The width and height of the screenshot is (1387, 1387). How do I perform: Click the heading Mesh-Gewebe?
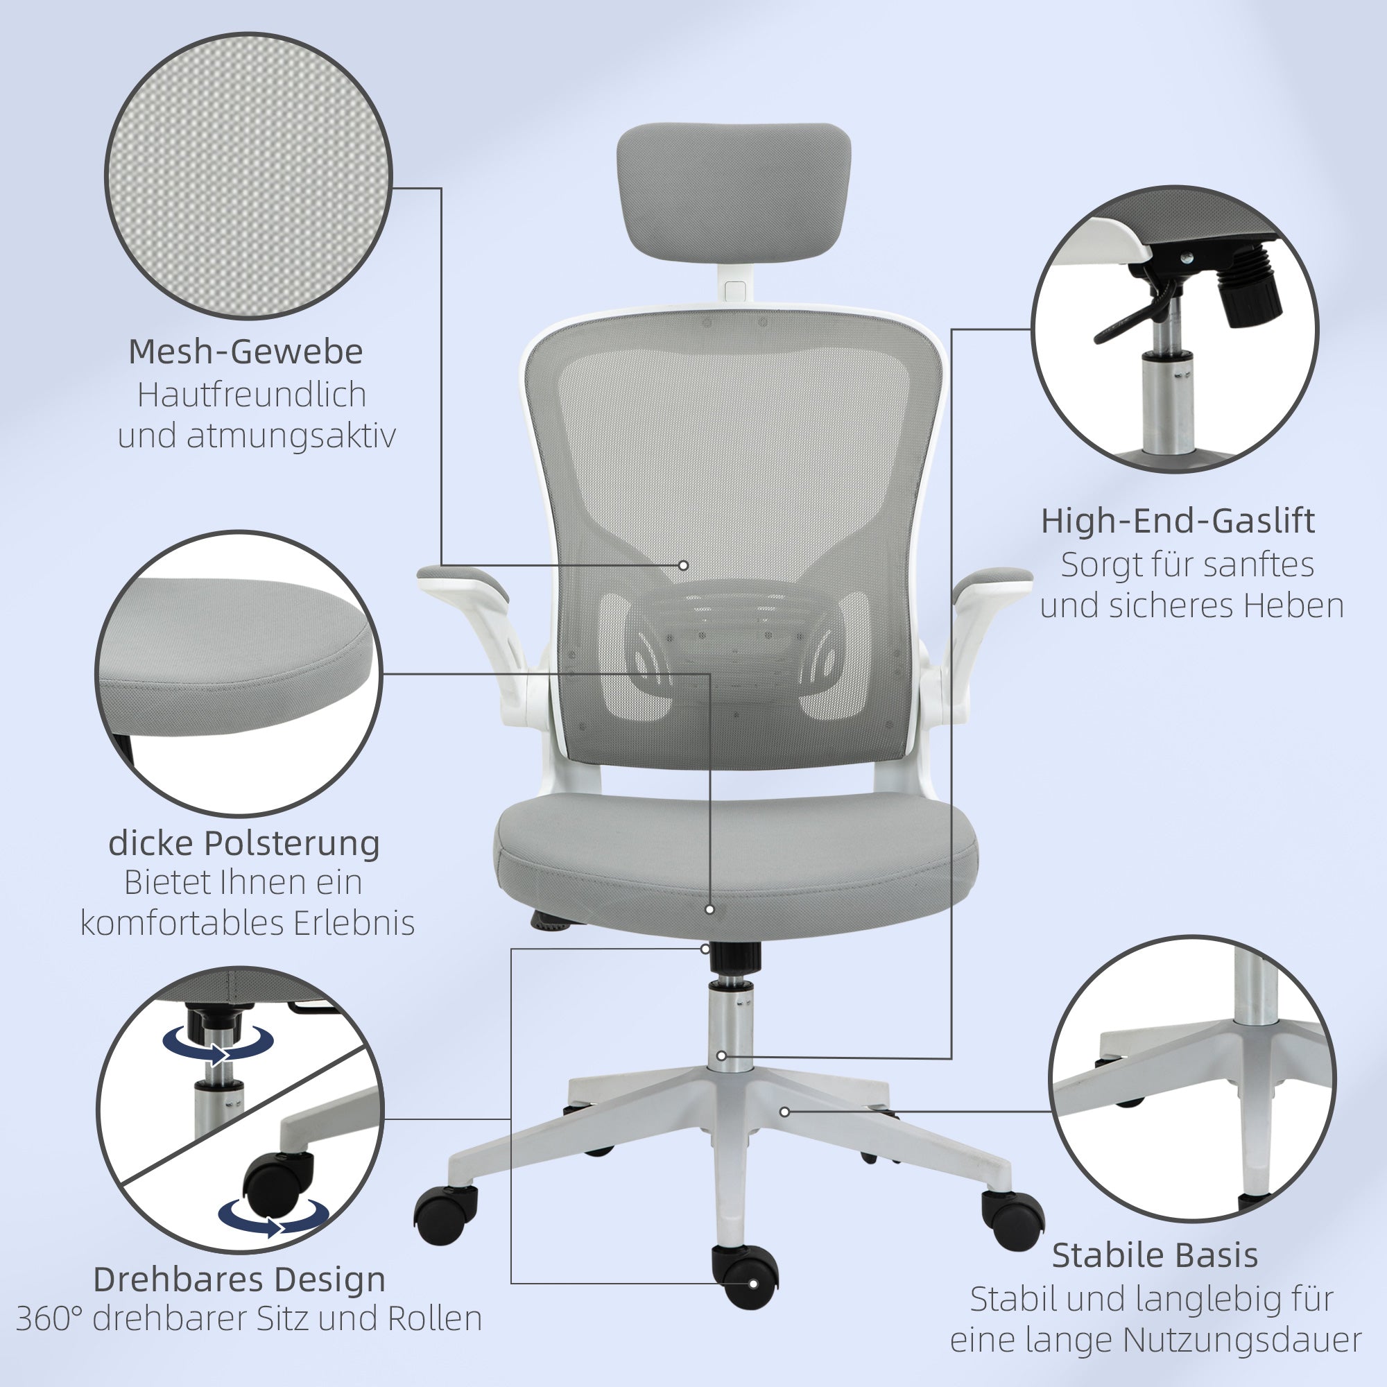pyautogui.click(x=245, y=352)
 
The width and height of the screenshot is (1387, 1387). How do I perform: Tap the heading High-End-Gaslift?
pyautogui.click(x=1178, y=521)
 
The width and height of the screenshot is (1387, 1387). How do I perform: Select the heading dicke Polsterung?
pyautogui.click(x=244, y=843)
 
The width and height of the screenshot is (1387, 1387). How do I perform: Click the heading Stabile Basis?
pyautogui.click(x=1155, y=1256)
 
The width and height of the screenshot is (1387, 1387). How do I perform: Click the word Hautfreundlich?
pyautogui.click(x=252, y=394)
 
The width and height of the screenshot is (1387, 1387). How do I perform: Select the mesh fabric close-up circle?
pyautogui.click(x=248, y=175)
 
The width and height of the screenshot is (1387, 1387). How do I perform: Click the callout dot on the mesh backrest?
pyautogui.click(x=684, y=566)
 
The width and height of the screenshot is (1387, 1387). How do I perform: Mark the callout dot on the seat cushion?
pyautogui.click(x=709, y=909)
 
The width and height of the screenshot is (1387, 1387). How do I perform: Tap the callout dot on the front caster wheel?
pyautogui.click(x=753, y=1283)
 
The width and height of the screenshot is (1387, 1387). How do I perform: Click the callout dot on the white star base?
pyautogui.click(x=784, y=1112)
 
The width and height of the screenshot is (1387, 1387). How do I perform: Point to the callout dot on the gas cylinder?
pyautogui.click(x=721, y=1056)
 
